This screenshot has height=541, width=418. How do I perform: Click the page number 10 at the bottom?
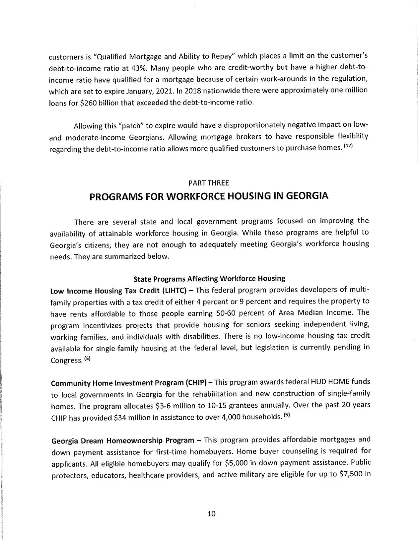click(x=211, y=514)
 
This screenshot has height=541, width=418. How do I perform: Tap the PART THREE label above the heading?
click(x=209, y=183)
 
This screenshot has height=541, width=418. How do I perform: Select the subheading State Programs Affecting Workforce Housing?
click(x=209, y=278)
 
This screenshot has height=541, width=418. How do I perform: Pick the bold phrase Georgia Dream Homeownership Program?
click(x=122, y=440)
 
